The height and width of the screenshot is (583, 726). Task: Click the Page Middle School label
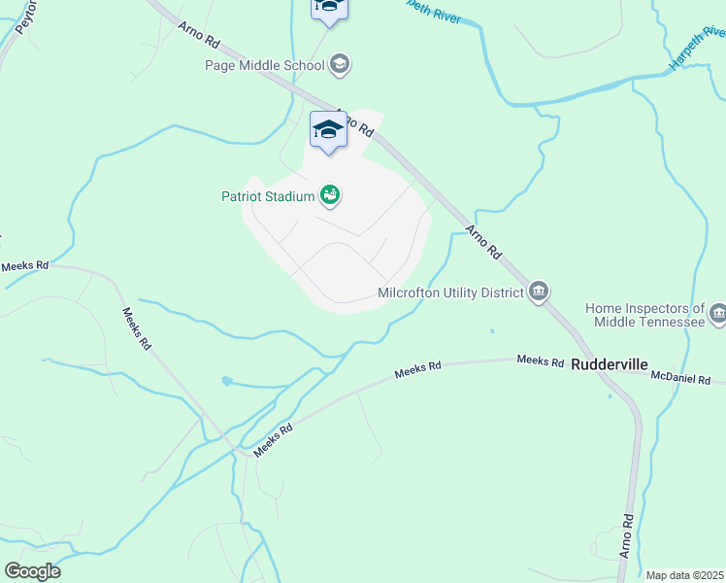click(x=264, y=66)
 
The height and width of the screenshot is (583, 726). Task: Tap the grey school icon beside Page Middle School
click(x=340, y=65)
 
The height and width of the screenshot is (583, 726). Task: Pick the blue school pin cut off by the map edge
click(x=329, y=9)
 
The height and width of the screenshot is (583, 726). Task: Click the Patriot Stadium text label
click(x=267, y=196)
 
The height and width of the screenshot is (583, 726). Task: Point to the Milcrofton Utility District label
click(x=450, y=292)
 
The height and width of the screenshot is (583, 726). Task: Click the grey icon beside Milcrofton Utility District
click(x=539, y=291)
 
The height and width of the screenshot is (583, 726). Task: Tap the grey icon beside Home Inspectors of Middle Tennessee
click(x=717, y=313)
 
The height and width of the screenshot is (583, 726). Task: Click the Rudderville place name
click(x=609, y=365)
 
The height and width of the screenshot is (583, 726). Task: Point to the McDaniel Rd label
click(x=680, y=377)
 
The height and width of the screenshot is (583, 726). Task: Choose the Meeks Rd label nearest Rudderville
click(x=541, y=361)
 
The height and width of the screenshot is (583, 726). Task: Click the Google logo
click(x=32, y=571)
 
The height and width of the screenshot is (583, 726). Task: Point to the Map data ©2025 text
click(x=683, y=575)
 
